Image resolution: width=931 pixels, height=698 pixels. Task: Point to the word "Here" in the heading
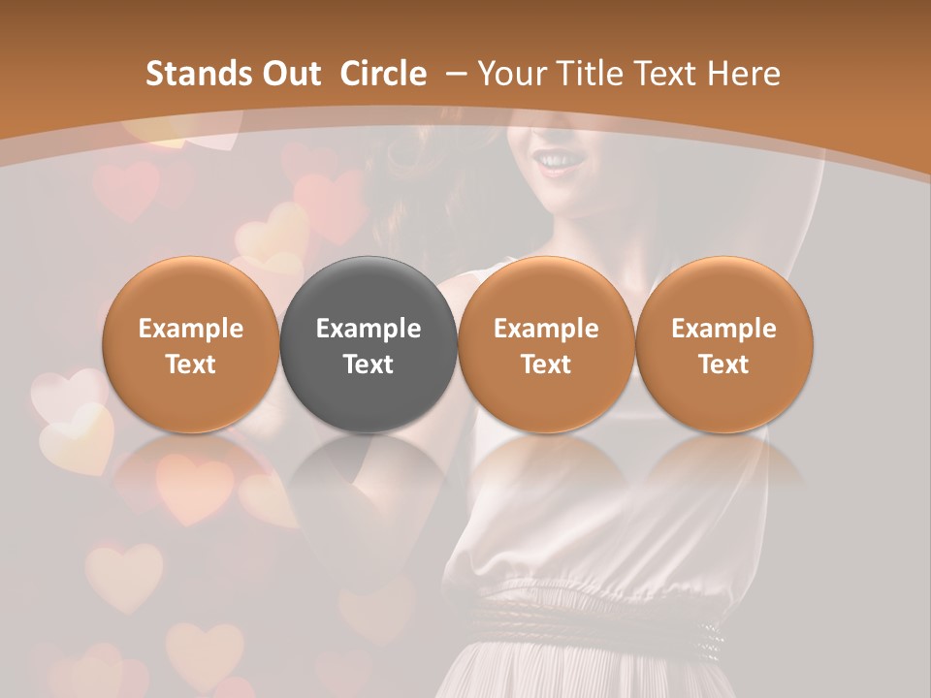[x=744, y=74]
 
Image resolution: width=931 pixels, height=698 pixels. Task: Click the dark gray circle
[x=369, y=345]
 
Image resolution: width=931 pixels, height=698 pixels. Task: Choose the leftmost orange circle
[x=190, y=345]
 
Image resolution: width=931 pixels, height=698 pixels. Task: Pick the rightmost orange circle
[x=723, y=345]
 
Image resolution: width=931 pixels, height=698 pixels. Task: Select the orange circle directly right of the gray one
[x=546, y=345]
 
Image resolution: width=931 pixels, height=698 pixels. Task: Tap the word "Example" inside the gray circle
[x=369, y=329]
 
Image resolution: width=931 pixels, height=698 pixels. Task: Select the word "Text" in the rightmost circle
[x=723, y=365]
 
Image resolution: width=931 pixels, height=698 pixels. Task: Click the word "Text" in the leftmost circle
[x=190, y=365]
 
